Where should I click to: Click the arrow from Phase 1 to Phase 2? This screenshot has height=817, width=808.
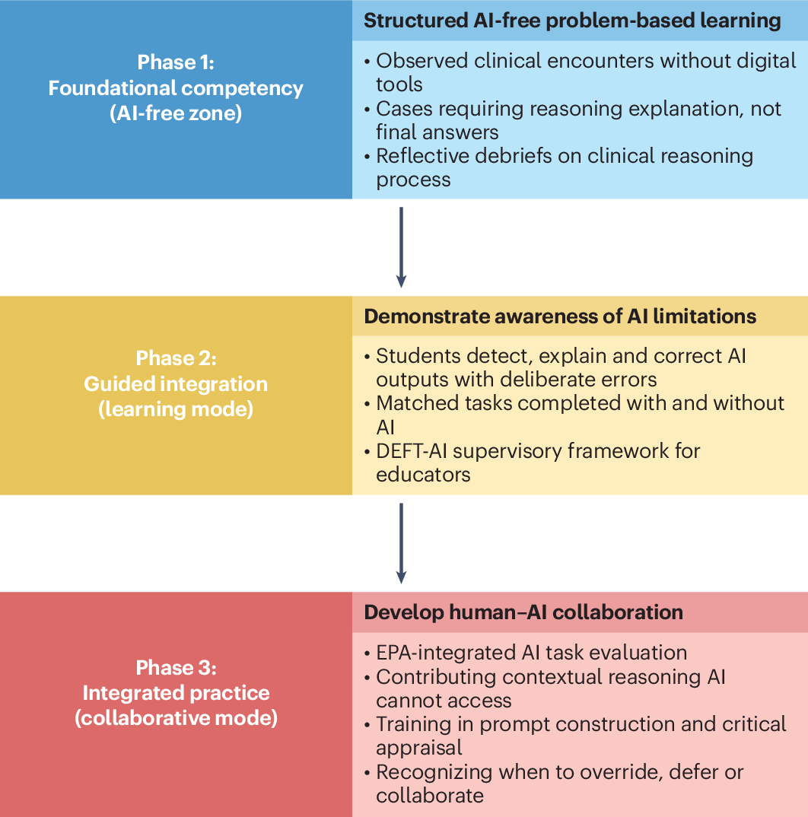coord(401,247)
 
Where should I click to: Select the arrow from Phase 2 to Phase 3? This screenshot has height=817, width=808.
coord(401,543)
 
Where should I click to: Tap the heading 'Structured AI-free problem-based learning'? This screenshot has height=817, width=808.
coord(572,21)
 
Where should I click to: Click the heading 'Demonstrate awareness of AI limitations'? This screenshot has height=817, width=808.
coord(560,316)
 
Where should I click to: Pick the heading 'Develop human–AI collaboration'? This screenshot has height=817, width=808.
coord(523,612)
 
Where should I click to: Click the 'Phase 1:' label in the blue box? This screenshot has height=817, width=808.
coord(176,62)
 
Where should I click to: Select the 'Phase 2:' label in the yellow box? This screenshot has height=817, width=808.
coord(177,358)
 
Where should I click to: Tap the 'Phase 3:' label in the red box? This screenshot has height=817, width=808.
coord(177,668)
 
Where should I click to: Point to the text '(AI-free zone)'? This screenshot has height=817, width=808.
coord(176,113)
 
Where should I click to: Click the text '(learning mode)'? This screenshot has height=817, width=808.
coord(177,409)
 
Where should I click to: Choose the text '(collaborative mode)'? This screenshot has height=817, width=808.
coord(177,719)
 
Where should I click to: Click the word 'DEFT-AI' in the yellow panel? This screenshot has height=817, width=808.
coord(412,451)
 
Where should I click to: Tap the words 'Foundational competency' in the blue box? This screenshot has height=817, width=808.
coord(176,88)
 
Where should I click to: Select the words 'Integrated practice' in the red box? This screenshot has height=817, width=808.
coord(177,694)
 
